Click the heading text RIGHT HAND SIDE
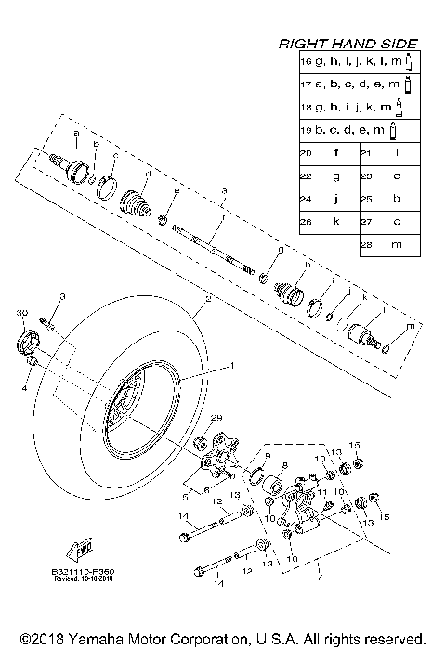coord(349,44)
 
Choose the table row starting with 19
coord(358,129)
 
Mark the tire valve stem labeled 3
coord(50,325)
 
